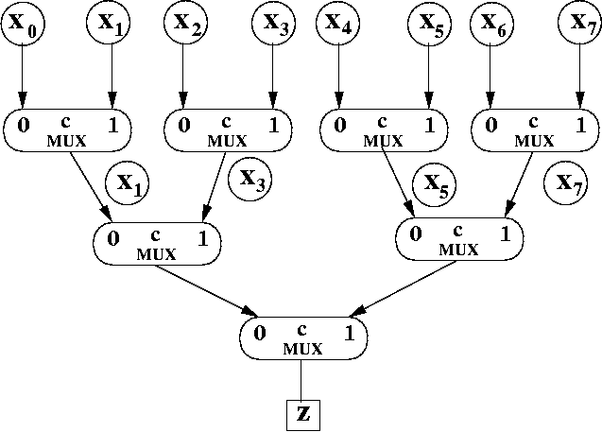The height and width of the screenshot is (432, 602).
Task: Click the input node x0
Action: [23, 23]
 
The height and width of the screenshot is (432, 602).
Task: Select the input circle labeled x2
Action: [189, 23]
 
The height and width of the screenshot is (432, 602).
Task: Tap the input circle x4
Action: [339, 23]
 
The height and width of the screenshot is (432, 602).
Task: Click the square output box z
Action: [301, 413]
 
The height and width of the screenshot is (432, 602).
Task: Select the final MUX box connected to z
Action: [302, 337]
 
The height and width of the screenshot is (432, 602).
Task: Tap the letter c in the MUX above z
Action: [302, 329]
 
